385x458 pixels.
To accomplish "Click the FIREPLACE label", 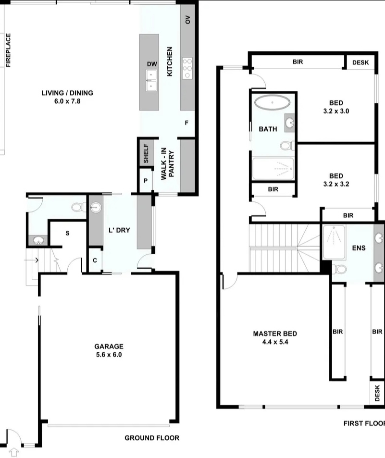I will tap(8, 49).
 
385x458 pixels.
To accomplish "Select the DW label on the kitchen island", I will tap(152, 64).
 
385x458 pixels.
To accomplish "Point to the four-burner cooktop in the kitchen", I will tap(187, 68).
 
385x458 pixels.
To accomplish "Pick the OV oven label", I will tap(187, 20).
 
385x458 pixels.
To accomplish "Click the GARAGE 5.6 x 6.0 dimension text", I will tap(109, 355).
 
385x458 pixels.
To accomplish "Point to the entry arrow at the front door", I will tap(14, 451).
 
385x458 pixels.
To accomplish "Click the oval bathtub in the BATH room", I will tap(272, 103).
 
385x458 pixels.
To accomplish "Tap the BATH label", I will tap(267, 129).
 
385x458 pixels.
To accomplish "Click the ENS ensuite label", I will tap(359, 248).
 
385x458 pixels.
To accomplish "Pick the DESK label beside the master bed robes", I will tap(377, 393).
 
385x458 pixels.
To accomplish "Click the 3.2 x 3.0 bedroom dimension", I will tap(336, 111).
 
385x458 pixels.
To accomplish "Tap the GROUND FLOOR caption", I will tap(152, 438).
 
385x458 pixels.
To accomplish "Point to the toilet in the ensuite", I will tap(339, 269).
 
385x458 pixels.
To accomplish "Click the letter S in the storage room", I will tap(67, 233).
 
